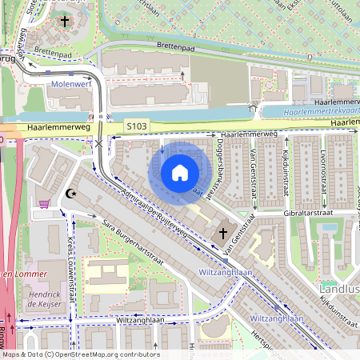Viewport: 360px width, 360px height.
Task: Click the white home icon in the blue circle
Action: pos(180,173)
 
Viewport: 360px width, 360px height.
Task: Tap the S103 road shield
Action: pos(137,126)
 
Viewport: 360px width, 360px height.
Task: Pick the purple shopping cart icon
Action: pos(45,204)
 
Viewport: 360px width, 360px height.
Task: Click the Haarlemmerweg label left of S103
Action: pos(56,126)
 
